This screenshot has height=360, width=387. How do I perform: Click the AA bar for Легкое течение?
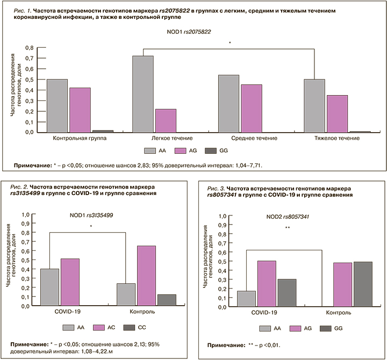[142, 94]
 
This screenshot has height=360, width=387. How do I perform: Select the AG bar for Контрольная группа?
[79, 110]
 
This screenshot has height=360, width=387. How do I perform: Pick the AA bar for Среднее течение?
[228, 103]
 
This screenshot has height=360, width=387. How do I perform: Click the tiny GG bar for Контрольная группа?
[103, 131]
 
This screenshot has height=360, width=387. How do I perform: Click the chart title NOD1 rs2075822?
[188, 32]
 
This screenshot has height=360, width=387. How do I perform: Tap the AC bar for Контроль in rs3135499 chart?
[147, 276]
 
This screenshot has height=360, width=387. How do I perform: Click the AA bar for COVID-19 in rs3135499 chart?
[50, 287]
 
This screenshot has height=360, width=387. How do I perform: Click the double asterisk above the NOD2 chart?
[288, 228]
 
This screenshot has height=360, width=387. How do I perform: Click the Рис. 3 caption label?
[216, 189]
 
